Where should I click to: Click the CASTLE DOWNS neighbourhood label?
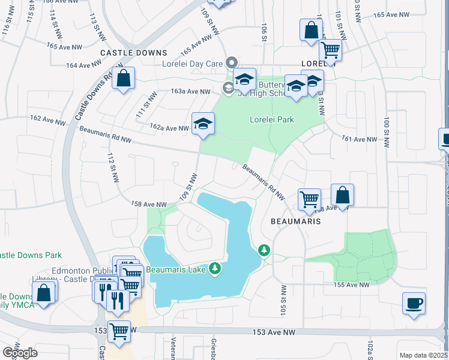(129, 53)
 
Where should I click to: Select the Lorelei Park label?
(272, 119)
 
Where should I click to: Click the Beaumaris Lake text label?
(175, 269)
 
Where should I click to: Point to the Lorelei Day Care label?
(192, 63)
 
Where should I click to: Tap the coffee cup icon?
(414, 302)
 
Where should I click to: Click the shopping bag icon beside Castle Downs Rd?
(123, 79)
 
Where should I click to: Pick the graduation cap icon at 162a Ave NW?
(203, 124)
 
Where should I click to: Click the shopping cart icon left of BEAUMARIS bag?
(309, 199)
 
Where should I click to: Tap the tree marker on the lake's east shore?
(263, 250)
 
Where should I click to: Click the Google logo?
(20, 352)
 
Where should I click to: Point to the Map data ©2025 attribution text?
(423, 355)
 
